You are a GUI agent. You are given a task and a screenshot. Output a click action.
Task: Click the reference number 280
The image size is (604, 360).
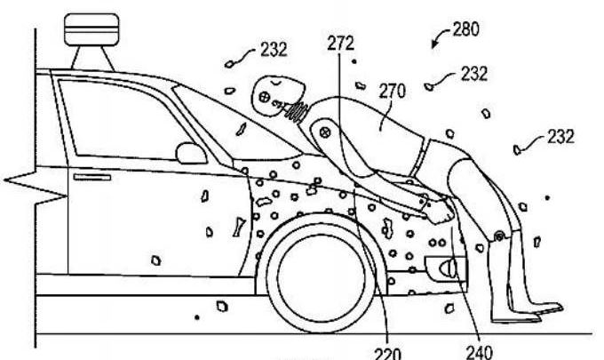[x=466, y=29]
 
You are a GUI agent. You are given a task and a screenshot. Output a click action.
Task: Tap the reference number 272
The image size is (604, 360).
[x=341, y=44]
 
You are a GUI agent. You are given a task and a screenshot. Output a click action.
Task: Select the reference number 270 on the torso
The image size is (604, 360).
[x=393, y=92]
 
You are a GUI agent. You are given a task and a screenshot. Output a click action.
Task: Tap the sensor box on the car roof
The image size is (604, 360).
[x=91, y=29]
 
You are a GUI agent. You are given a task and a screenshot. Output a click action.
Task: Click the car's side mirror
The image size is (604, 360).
[x=191, y=154]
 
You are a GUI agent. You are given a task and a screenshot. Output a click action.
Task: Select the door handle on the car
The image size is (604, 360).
[x=92, y=177]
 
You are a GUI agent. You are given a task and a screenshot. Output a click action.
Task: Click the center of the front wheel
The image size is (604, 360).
[x=321, y=273]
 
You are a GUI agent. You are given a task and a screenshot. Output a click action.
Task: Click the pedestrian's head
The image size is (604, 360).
[x=277, y=96]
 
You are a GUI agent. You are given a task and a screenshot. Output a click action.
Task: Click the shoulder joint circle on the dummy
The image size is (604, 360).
[x=325, y=133]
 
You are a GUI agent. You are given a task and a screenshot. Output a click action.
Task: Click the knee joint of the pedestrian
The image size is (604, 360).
[x=499, y=236]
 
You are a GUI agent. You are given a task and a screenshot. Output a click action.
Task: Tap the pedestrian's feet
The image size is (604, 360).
[x=528, y=312]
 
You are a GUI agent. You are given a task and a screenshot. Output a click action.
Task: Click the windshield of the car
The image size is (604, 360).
[x=235, y=124]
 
